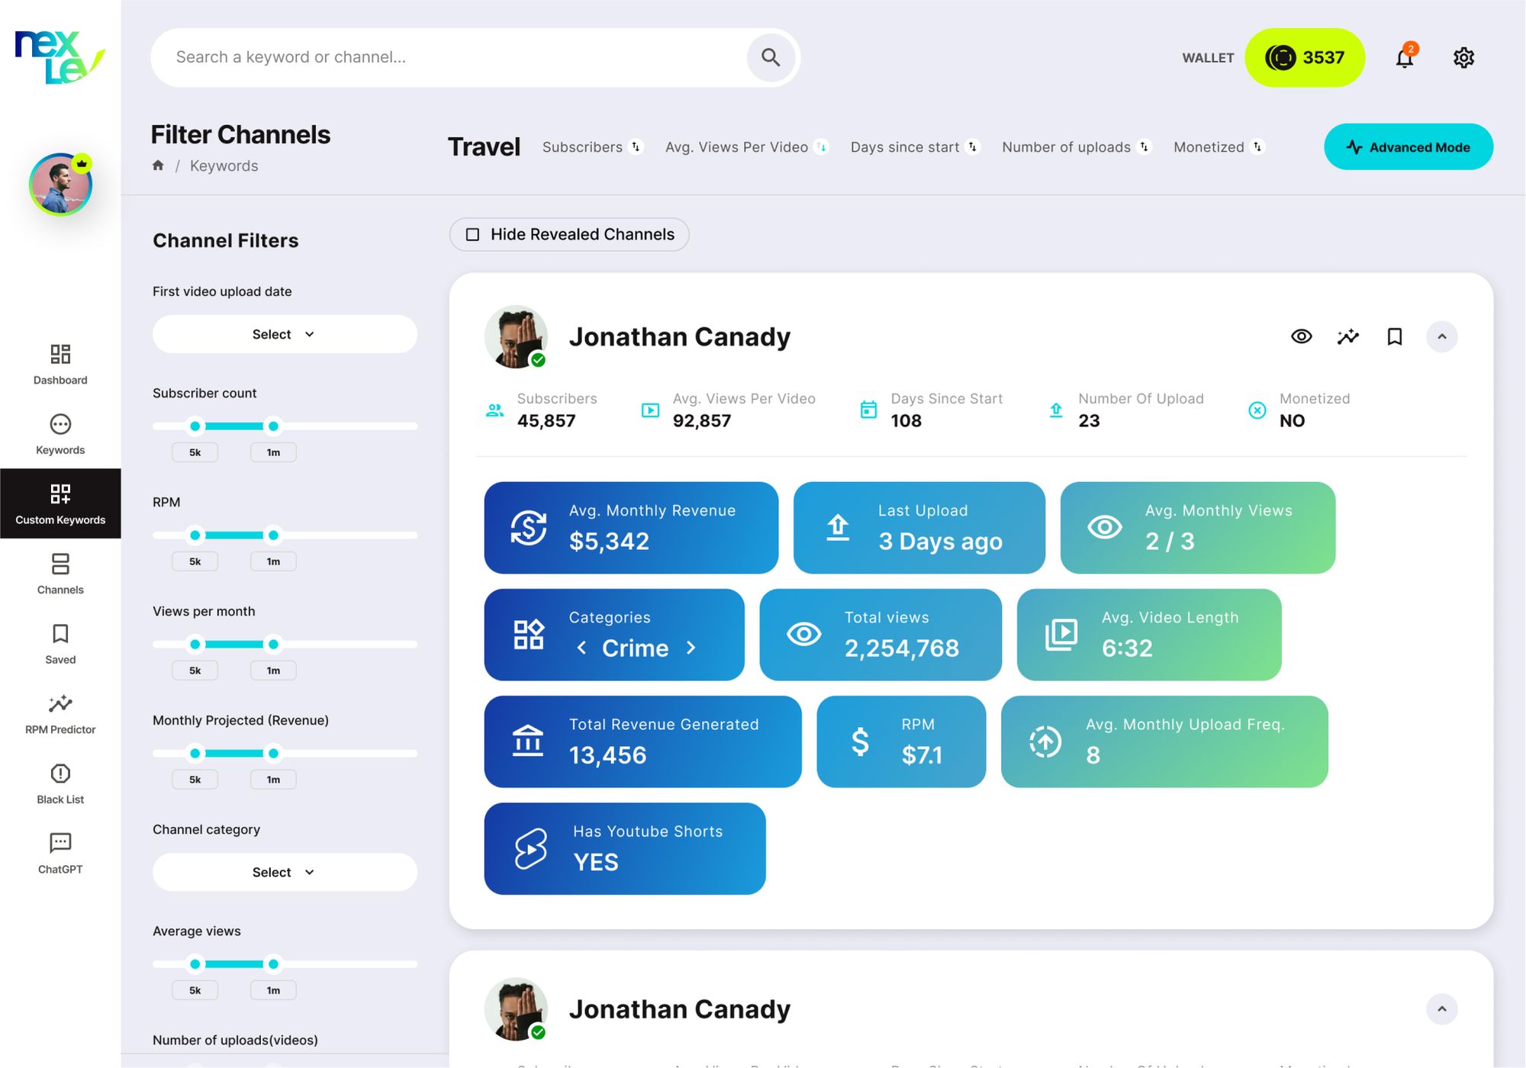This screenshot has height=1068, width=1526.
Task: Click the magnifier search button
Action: pos(771,57)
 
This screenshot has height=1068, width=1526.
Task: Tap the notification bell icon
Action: pos(1405,57)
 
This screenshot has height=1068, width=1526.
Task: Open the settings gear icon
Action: pos(1463,57)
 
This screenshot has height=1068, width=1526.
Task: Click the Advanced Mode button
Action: pos(1408,147)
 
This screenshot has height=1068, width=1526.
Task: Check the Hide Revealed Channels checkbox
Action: pos(473,234)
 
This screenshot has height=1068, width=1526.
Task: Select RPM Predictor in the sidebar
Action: pos(60,714)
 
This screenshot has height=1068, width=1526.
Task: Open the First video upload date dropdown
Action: pos(285,334)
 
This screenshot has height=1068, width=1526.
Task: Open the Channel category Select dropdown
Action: pos(285,872)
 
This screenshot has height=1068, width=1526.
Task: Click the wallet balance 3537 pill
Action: pos(1305,57)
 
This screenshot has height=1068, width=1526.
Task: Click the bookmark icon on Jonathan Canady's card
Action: pos(1395,336)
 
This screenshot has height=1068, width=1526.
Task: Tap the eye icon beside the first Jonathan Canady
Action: pos(1302,336)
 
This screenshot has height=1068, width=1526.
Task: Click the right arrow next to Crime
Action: pos(691,648)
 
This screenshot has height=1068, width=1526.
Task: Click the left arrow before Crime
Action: pos(581,648)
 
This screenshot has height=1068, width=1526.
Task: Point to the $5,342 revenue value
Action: pos(609,541)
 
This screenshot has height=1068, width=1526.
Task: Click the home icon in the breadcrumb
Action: pos(158,166)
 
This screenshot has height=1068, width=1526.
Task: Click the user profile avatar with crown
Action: pos(60,185)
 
